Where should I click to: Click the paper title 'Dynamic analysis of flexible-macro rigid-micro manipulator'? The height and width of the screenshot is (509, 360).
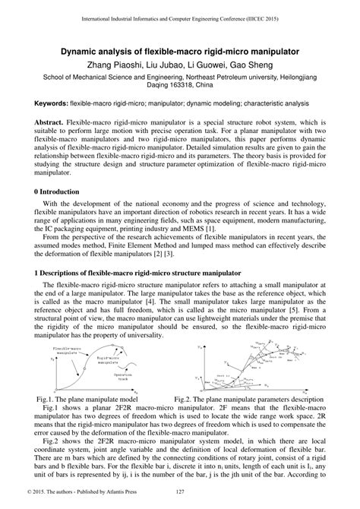coord(180,52)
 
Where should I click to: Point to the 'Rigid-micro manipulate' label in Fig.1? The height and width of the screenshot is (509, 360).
coord(111,356)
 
